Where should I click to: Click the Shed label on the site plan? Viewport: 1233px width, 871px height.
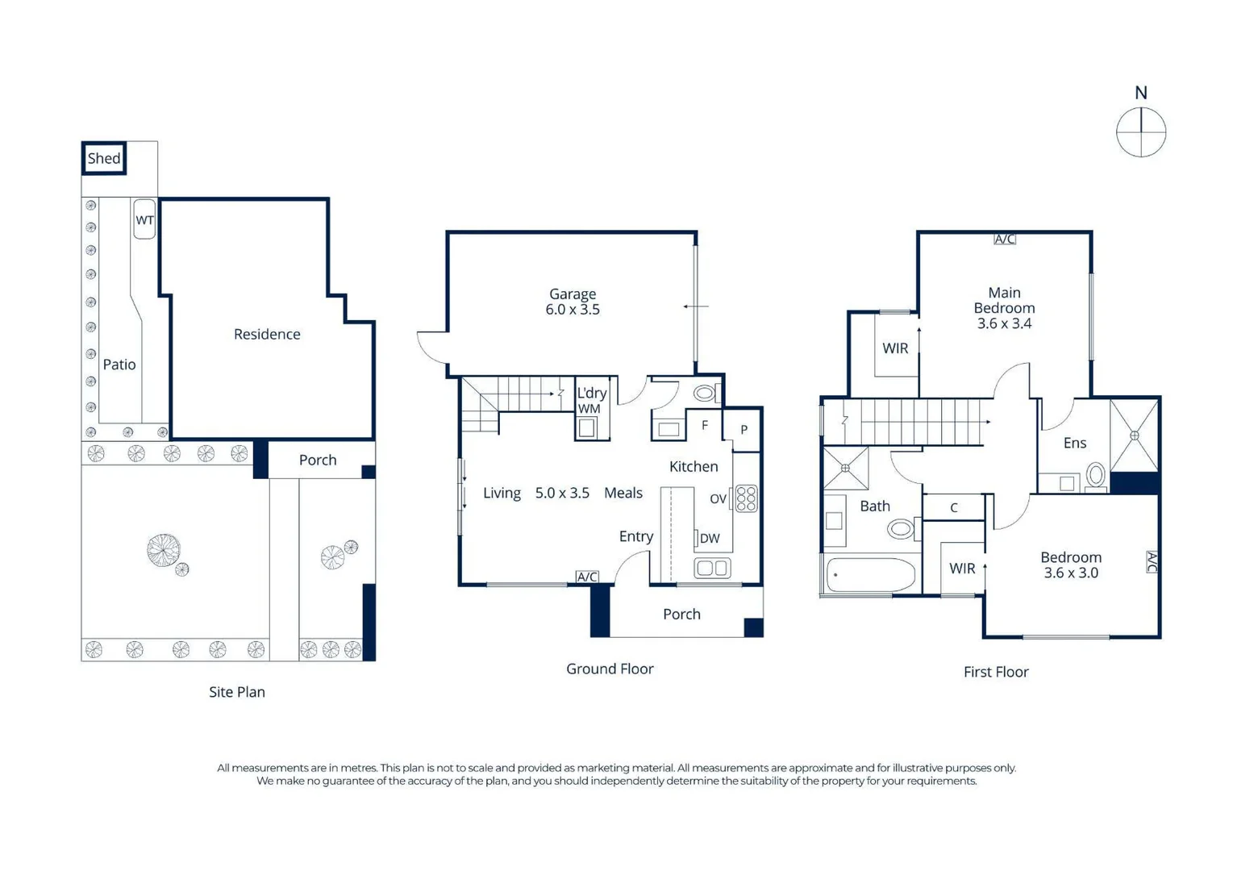(x=104, y=159)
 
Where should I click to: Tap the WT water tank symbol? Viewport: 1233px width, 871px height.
(x=144, y=219)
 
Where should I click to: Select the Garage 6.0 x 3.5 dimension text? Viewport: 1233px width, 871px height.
(x=573, y=310)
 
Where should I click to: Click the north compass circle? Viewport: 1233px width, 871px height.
(x=1141, y=132)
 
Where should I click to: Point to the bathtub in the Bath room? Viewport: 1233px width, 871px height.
(x=871, y=575)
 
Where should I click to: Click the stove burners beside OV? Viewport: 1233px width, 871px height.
(x=747, y=498)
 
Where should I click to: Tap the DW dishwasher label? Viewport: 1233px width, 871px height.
(x=710, y=539)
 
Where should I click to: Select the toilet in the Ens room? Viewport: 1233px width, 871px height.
(x=1096, y=475)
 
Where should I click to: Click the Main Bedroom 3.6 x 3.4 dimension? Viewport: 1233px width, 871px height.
(x=1005, y=323)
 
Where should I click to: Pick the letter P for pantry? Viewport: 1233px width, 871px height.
(x=744, y=429)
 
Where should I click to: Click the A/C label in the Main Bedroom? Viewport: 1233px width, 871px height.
(x=1005, y=239)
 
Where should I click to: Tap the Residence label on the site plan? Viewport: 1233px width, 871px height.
(x=267, y=334)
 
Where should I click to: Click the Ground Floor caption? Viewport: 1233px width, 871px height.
(x=610, y=669)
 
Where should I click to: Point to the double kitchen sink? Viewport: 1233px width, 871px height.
(x=712, y=569)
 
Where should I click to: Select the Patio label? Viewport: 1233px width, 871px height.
(x=119, y=365)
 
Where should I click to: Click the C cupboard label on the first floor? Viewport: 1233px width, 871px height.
(x=954, y=507)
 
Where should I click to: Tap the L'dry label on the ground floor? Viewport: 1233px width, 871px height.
(x=592, y=393)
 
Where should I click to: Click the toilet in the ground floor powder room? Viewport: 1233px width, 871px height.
(x=705, y=393)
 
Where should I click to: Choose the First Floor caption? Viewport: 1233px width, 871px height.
(x=996, y=672)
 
